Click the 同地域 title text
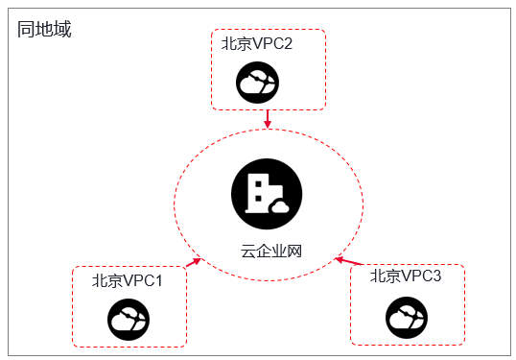44,29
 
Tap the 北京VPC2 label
257,43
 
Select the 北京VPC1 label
127,281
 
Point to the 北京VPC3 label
406,276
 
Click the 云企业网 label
271,251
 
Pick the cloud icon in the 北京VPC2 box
257,83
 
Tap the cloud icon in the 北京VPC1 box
129,320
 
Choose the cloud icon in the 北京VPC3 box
407,318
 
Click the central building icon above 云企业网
267,194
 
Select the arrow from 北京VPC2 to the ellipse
268,119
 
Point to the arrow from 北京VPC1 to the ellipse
194,262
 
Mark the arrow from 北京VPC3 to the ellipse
349,261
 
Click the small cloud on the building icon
279,206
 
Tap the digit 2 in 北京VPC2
288,44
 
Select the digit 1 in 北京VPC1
159,281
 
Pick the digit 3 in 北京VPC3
436,276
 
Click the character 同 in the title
26,29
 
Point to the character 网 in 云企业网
294,251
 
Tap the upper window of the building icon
258,183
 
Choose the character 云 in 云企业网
248,251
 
